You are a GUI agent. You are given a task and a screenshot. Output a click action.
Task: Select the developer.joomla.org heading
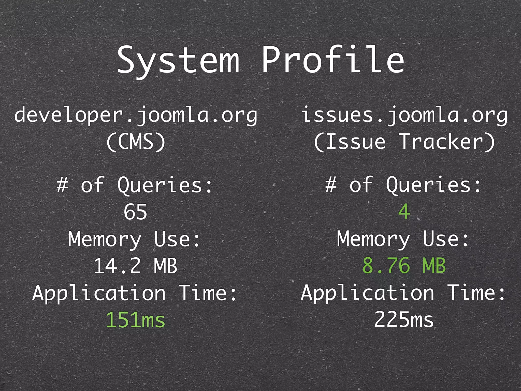(x=136, y=115)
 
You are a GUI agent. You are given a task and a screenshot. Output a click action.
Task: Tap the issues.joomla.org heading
(x=404, y=115)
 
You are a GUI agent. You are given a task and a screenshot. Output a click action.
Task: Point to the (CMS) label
(x=136, y=142)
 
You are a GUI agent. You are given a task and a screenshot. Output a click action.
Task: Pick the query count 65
(x=135, y=212)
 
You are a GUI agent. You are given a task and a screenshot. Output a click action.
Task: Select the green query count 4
(x=404, y=212)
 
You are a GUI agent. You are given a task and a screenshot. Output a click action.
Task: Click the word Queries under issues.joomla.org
(x=433, y=185)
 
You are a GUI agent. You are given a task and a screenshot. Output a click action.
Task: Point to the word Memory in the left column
(x=105, y=239)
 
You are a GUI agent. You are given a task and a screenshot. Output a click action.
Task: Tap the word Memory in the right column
(x=373, y=239)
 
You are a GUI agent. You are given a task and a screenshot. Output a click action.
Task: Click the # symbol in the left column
(x=62, y=185)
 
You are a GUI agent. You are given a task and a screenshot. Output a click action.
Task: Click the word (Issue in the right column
(x=350, y=142)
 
